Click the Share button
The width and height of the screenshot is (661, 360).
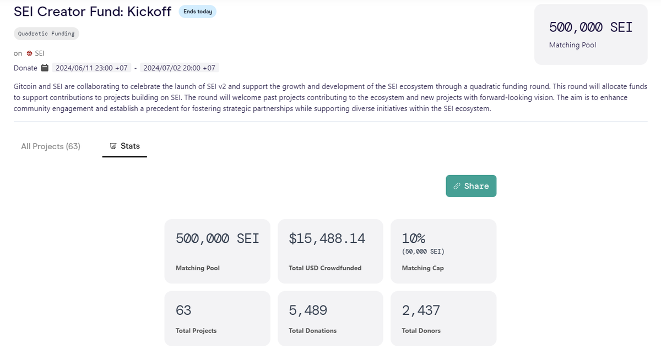471,186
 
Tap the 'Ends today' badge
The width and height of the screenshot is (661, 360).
197,12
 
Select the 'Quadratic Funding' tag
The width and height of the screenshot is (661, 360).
46,34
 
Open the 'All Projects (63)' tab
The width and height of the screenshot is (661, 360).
51,146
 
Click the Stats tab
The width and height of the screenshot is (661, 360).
124,146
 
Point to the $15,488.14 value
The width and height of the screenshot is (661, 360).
327,238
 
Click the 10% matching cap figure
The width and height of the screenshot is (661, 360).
413,238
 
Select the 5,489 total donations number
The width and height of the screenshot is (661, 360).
308,310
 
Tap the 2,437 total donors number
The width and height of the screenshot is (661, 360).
421,310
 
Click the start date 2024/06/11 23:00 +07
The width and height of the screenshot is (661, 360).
92,68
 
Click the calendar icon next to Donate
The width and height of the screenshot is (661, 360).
45,68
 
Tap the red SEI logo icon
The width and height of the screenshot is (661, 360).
29,53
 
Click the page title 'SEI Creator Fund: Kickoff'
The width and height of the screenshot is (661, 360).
92,12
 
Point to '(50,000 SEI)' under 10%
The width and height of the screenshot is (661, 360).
423,252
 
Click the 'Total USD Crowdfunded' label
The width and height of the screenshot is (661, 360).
325,268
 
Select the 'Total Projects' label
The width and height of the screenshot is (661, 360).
196,331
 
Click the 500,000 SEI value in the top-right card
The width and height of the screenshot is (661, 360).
590,27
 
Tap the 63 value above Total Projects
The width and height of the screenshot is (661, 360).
183,310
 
